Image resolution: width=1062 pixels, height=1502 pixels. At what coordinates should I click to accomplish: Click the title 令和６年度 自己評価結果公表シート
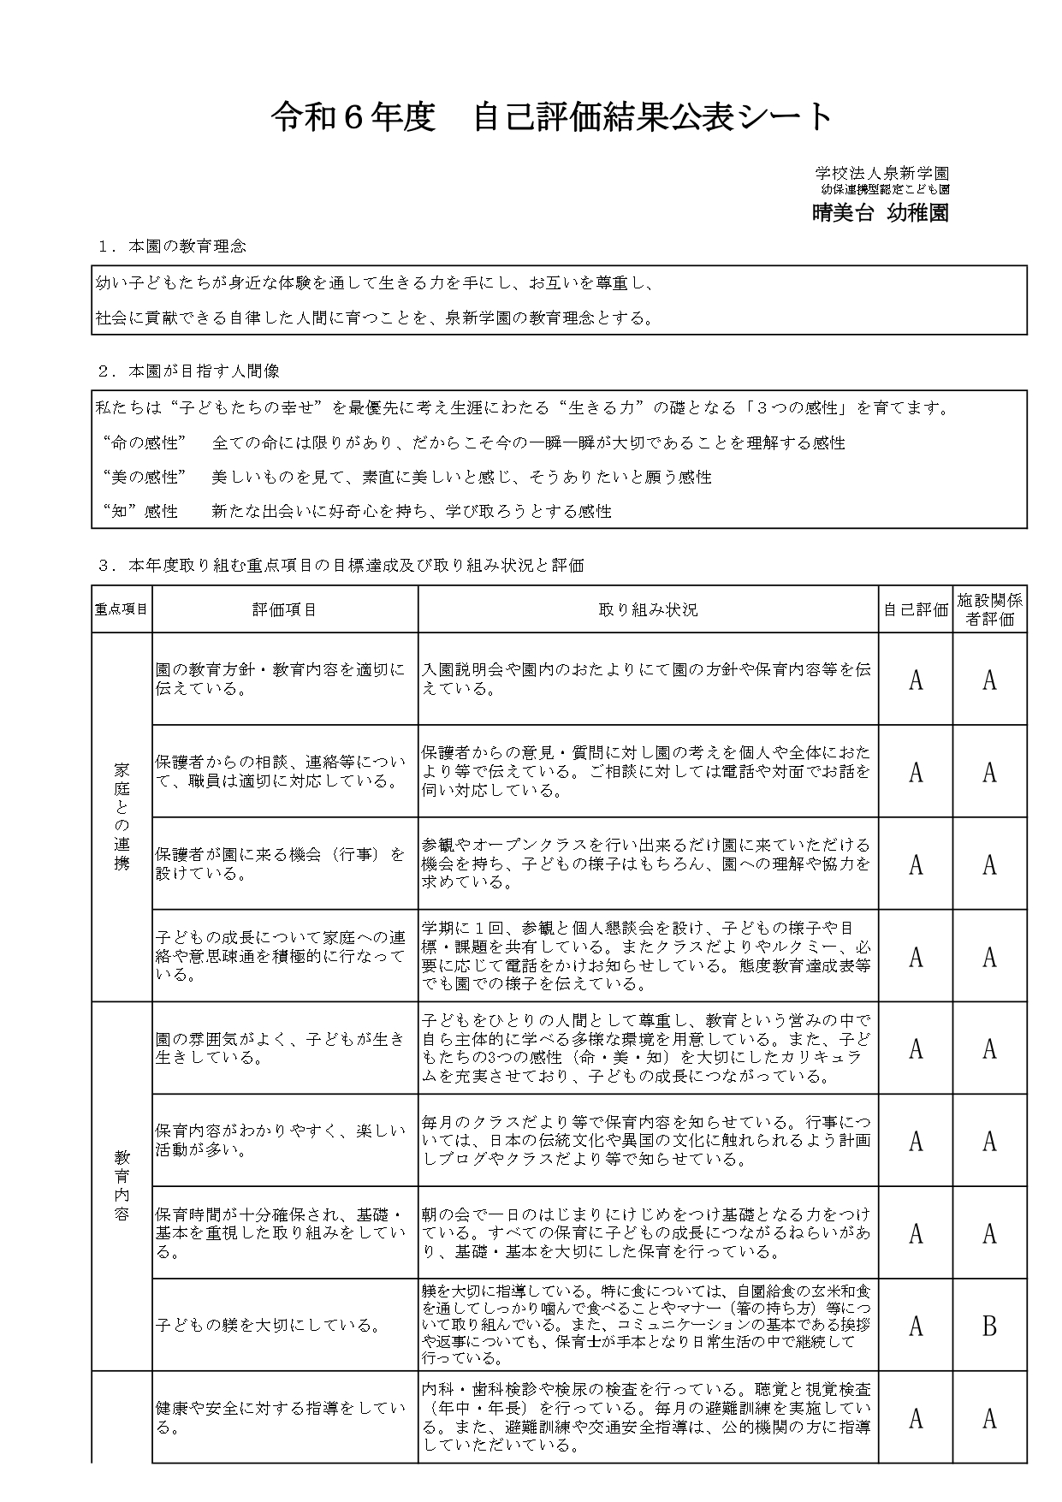pos(552,117)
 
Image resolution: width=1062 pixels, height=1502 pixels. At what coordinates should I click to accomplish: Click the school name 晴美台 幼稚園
pos(880,213)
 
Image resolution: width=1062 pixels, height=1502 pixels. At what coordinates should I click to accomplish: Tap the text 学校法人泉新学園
pos(881,174)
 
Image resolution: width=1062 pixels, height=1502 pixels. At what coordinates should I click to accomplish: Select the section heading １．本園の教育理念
pos(173,246)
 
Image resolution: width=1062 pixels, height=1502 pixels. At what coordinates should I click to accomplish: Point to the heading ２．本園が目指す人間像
pos(189,371)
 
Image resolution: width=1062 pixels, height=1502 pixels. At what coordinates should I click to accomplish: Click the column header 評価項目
pos(284,609)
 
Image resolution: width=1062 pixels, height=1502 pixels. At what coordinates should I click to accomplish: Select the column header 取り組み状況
pos(648,609)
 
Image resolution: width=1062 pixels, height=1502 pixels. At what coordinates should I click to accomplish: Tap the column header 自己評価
pos(916,609)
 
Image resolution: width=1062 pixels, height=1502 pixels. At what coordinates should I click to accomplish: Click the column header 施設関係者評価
pos(989,609)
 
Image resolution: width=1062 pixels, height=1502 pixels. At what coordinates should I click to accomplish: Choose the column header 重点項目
pos(122,609)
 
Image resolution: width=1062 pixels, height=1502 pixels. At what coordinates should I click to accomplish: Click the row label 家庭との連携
pos(122,816)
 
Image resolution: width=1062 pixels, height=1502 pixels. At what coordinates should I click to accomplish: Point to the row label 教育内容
pos(122,1185)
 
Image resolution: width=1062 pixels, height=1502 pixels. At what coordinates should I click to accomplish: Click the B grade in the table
pos(989,1326)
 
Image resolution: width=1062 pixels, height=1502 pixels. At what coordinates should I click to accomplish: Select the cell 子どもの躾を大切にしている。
pos(268,1326)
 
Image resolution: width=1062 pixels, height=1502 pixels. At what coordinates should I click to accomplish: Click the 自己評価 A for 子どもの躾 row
pos(916,1326)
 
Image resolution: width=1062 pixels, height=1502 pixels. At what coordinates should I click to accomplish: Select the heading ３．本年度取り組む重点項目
pos(341,565)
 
